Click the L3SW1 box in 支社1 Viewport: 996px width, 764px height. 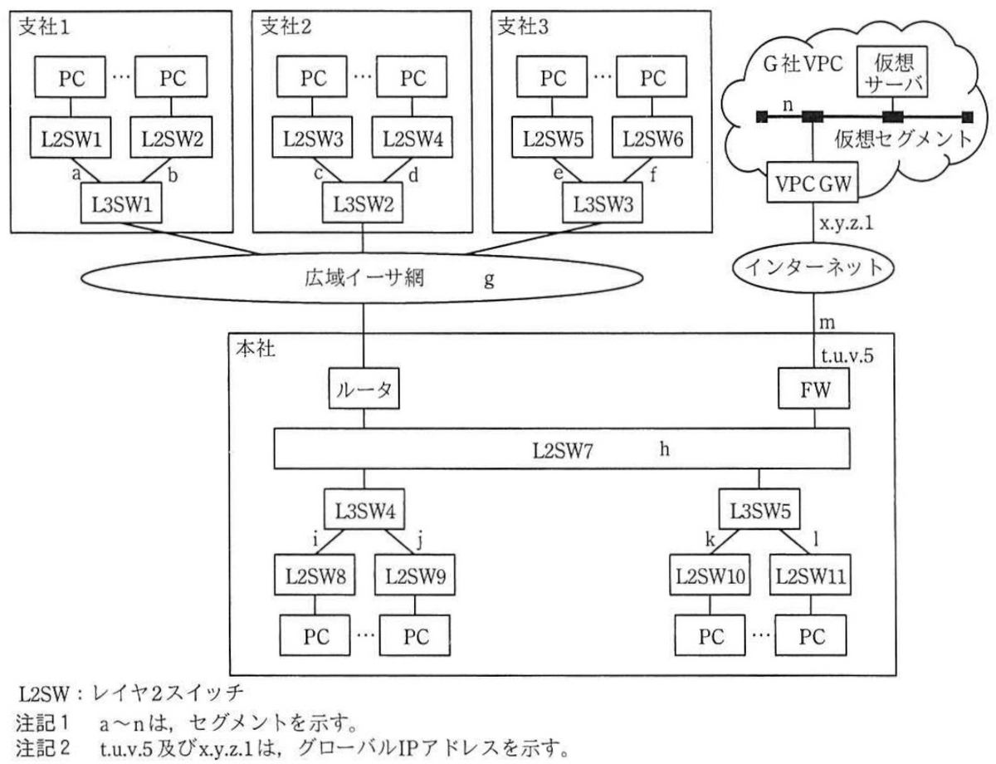coord(121,203)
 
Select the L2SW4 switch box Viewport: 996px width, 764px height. coord(412,137)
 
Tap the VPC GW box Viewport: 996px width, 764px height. coord(813,182)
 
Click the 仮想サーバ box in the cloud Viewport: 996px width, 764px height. coord(892,72)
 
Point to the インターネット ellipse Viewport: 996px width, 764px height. coord(813,267)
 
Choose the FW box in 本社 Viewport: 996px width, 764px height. coord(814,389)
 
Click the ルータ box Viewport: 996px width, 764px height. coord(364,389)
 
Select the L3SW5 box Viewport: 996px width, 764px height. coord(759,510)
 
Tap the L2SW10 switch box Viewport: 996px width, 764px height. coord(710,575)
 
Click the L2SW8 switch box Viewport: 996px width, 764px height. coord(315,575)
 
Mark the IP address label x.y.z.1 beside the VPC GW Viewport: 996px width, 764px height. coord(846,223)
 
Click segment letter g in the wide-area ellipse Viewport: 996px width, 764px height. coord(489,279)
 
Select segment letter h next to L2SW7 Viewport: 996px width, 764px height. coord(664,449)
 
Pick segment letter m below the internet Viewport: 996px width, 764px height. coord(827,323)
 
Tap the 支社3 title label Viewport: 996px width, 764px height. coord(523,27)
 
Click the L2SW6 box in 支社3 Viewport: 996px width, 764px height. coord(652,137)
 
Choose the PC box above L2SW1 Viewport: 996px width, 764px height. coord(70,76)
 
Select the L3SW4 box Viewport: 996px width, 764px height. coord(364,510)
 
